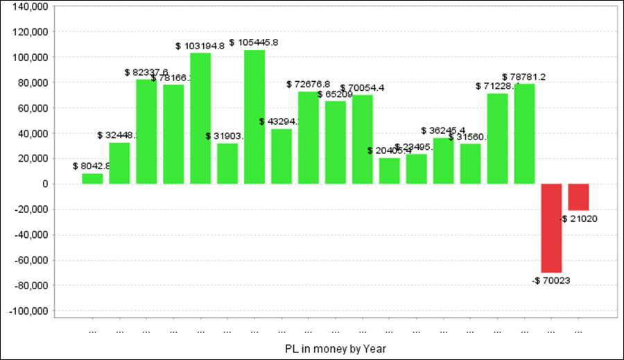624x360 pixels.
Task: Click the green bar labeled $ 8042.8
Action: (92, 178)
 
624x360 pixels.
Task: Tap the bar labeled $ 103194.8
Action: (200, 118)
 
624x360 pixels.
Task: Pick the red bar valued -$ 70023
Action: (551, 228)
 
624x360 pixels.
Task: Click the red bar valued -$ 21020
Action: (578, 197)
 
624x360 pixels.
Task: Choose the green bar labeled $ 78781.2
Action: (525, 133)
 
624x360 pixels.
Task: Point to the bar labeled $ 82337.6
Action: (146, 131)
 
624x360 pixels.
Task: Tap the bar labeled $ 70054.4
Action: (363, 139)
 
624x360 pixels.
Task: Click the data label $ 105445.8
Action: (254, 42)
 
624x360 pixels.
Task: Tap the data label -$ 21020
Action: (579, 218)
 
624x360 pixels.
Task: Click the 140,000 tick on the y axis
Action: (29, 6)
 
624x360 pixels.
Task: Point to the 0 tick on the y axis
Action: (43, 184)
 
